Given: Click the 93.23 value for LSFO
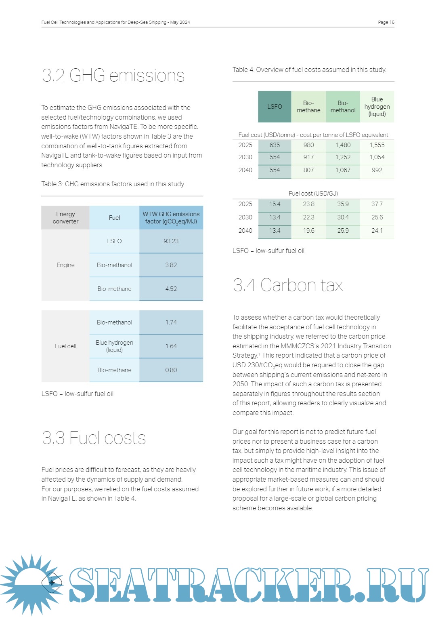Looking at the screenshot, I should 171,241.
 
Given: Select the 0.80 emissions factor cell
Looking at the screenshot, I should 171,370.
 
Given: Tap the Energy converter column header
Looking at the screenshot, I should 65,218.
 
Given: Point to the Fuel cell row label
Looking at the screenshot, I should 65,346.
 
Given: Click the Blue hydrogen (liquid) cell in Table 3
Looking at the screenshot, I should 114,346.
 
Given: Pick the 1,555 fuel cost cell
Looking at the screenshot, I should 377,145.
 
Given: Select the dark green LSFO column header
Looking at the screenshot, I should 275,107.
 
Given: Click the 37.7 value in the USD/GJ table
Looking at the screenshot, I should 377,204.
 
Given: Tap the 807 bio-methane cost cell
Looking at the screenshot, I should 308,170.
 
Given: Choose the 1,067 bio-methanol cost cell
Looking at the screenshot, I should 343,170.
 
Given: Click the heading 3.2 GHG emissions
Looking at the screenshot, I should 113,76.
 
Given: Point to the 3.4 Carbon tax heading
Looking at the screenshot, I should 287,285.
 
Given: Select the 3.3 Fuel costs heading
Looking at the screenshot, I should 94,438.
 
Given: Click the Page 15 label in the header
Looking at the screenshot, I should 386,22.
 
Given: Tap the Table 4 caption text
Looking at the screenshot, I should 309,70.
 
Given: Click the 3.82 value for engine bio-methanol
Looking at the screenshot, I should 171,265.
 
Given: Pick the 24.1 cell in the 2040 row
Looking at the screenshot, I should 377,231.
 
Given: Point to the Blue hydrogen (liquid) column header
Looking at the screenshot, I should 377,107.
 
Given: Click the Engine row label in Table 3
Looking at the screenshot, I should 65,265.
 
